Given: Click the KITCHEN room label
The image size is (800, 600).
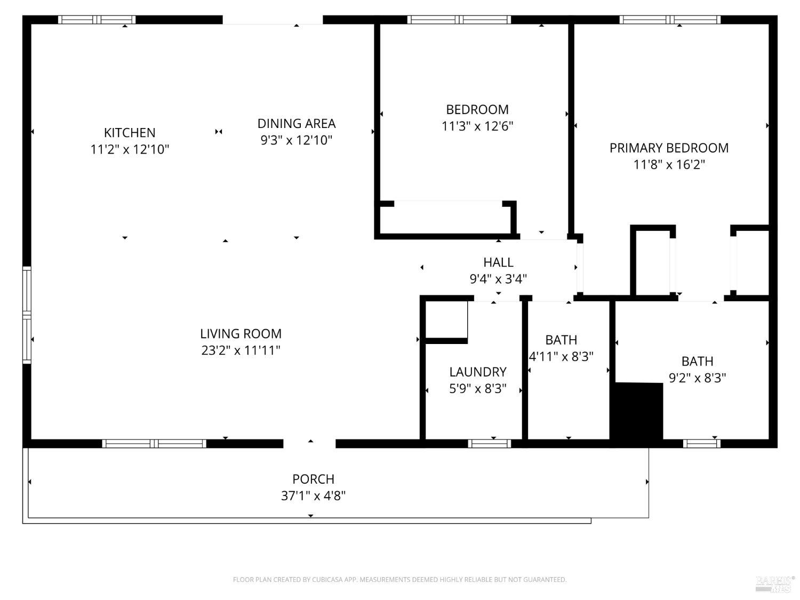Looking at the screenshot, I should (130, 133).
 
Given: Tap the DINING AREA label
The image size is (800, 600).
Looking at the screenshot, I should (297, 124).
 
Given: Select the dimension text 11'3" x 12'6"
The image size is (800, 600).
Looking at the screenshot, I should (477, 126).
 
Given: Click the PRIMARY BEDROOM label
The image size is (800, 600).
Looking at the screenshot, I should (669, 148).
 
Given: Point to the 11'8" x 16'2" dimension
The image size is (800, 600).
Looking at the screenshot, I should (669, 165).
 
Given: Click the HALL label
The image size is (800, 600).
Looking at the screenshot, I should (498, 262).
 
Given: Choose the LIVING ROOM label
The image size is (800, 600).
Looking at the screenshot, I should (241, 334).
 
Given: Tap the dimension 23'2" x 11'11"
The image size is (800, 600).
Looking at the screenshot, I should (241, 350).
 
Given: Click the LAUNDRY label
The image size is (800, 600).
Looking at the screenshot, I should (477, 372).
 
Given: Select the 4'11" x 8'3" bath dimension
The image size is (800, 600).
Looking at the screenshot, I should (561, 356).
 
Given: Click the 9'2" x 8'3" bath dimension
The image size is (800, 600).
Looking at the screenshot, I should (697, 378).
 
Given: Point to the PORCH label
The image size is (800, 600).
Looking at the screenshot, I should (313, 479).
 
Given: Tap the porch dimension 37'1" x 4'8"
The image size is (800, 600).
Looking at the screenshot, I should (313, 496).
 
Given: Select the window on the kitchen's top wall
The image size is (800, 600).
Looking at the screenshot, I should (97, 20).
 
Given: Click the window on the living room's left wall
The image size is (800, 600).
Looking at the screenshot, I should (26, 315).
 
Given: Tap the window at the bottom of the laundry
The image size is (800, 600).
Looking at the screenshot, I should (489, 443).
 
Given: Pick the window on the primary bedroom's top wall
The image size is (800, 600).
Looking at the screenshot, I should (670, 20).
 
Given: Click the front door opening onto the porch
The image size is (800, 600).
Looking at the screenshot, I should (309, 443).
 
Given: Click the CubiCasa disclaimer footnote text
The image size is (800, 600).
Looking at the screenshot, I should (399, 580).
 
